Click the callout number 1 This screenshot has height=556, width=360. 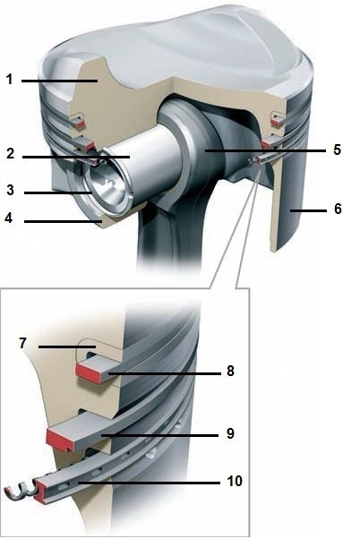click(x=10, y=79)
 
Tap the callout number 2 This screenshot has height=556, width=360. click(x=10, y=153)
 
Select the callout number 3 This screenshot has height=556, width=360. click(x=10, y=190)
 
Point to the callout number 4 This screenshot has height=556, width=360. click(x=9, y=218)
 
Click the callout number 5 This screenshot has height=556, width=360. click(x=337, y=150)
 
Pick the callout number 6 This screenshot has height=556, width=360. click(x=338, y=209)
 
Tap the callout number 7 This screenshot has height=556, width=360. click(x=23, y=343)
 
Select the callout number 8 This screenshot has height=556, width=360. click(x=230, y=371)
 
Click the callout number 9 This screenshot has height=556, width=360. click(x=230, y=433)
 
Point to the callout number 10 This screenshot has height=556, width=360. click(x=235, y=481)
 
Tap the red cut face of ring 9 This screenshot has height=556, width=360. click(x=60, y=440)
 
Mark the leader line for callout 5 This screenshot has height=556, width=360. click(x=265, y=150)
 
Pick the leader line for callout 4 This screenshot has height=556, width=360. click(x=63, y=222)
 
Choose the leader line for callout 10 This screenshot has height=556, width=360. click(x=149, y=483)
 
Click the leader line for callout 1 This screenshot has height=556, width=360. click(x=60, y=81)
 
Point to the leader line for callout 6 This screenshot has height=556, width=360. click(x=308, y=210)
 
